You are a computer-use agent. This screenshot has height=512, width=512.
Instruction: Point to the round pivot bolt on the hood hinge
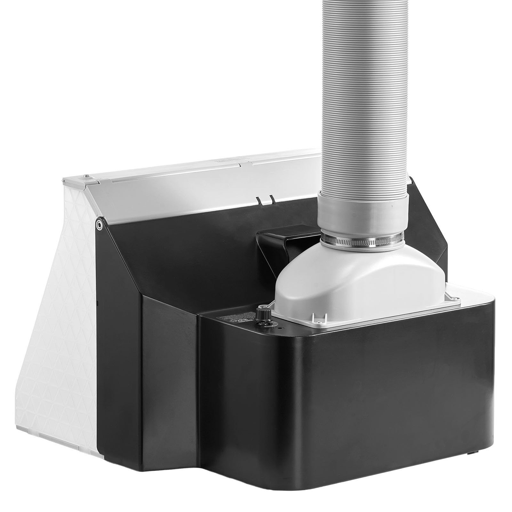coord(100,224)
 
